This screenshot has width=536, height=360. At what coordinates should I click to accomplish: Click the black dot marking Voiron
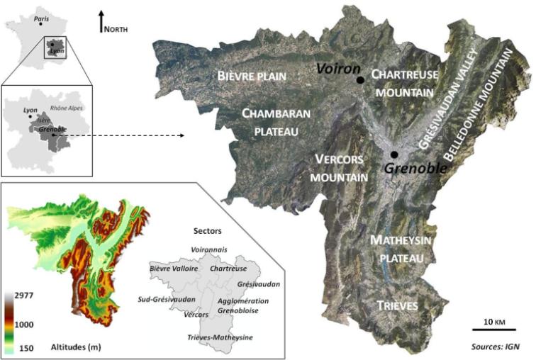tap(361, 80)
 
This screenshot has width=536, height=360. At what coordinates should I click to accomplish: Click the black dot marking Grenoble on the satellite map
tap(394, 154)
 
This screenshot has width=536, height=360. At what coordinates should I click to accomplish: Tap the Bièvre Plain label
tap(250, 76)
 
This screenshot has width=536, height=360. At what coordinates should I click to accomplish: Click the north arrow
tap(101, 20)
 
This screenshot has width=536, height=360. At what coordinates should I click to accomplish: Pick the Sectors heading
tap(208, 232)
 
